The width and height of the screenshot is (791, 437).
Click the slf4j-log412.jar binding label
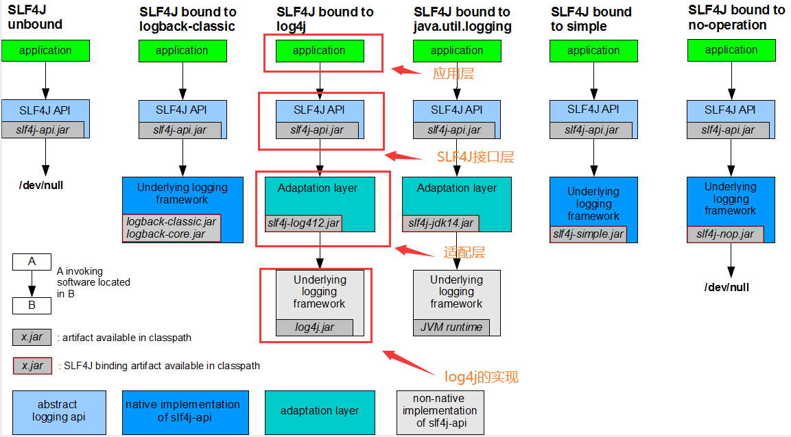pyautogui.click(x=303, y=223)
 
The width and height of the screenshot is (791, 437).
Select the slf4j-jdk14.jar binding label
pyautogui.click(x=440, y=223)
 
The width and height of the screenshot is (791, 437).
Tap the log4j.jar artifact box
pyautogui.click(x=314, y=327)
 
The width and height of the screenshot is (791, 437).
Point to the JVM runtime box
pyautogui.click(x=451, y=327)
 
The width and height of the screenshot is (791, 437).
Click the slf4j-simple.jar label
pyautogui.click(x=588, y=234)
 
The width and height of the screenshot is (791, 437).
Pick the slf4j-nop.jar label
pyautogui.click(x=725, y=234)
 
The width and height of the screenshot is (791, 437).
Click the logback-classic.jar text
pyautogui.click(x=170, y=222)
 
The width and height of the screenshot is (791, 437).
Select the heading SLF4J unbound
pyautogui.click(x=35, y=18)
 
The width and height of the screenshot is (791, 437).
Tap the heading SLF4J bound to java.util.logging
pyautogui.click(x=462, y=19)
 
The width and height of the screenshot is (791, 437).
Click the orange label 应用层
pyautogui.click(x=453, y=74)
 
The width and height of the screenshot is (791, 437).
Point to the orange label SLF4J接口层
pyautogui.click(x=475, y=157)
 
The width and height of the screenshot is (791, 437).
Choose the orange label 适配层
pyautogui.click(x=464, y=252)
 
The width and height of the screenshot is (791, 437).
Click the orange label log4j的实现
pyautogui.click(x=481, y=376)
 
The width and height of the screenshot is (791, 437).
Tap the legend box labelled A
pyautogui.click(x=32, y=262)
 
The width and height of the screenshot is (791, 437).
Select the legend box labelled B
pyautogui.click(x=32, y=305)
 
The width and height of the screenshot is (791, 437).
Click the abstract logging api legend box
pyautogui.click(x=59, y=411)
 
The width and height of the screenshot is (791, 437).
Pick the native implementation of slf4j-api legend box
pyautogui.click(x=185, y=411)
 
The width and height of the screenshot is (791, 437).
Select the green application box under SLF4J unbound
pyautogui.click(x=45, y=50)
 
